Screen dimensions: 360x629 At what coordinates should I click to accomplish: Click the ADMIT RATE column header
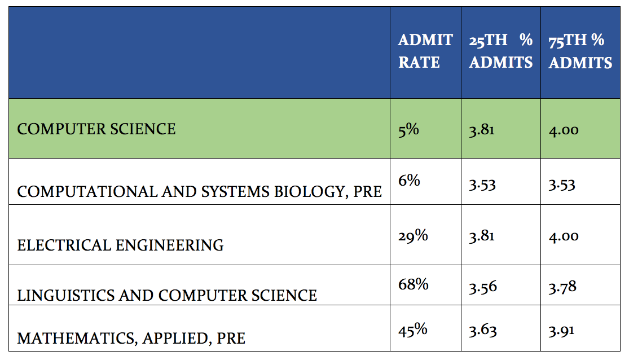click(425, 51)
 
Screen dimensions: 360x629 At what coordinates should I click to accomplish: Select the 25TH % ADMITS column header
click(500, 51)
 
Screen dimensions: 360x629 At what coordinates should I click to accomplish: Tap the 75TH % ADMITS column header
click(580, 51)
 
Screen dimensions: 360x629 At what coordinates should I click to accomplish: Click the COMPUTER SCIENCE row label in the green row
click(96, 129)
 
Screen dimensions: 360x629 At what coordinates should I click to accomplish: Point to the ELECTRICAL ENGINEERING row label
click(120, 245)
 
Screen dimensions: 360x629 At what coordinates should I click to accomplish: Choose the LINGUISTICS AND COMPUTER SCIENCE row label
click(167, 295)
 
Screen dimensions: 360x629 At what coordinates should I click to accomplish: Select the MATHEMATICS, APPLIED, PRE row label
click(131, 337)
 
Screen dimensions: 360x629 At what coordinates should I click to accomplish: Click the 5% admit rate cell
click(408, 129)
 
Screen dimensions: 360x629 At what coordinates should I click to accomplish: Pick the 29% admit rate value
click(413, 235)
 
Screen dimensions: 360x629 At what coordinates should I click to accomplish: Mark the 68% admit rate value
click(414, 284)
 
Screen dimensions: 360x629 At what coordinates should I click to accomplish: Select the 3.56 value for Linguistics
click(482, 287)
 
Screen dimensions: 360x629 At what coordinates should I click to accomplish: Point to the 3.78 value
click(562, 287)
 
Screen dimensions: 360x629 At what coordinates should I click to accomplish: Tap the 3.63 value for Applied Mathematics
click(482, 330)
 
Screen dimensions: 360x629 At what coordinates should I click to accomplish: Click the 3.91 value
click(562, 330)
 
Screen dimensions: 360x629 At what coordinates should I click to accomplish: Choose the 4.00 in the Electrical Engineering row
click(564, 236)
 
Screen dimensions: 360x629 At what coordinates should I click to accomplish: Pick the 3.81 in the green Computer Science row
click(481, 130)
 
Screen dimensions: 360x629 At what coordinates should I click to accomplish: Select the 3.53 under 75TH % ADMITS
click(562, 185)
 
